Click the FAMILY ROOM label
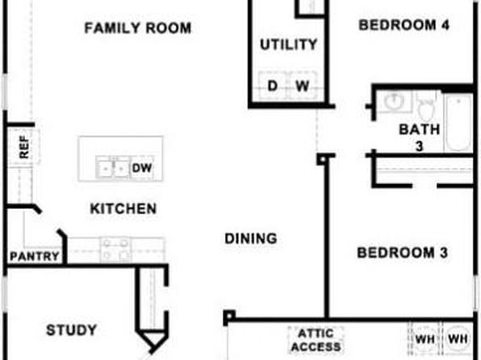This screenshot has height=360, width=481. [138, 28]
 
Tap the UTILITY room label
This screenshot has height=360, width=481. [289, 44]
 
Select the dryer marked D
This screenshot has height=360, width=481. [273, 85]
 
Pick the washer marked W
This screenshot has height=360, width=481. [302, 85]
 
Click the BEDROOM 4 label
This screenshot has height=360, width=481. [404, 25]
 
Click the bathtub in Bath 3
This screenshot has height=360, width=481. [458, 123]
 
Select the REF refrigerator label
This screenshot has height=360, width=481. [24, 148]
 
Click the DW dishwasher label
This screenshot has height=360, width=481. [142, 168]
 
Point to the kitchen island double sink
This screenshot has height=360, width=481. [112, 167]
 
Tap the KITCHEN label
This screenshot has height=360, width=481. [123, 209]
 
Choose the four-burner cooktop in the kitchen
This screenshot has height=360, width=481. [115, 249]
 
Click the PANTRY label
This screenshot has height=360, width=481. [35, 256]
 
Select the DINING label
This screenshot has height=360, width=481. [251, 238]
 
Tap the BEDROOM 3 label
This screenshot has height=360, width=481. [403, 253]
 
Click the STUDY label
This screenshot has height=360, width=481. [72, 330]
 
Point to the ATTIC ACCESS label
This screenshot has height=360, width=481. [316, 340]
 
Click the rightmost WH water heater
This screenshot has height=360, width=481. [458, 339]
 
